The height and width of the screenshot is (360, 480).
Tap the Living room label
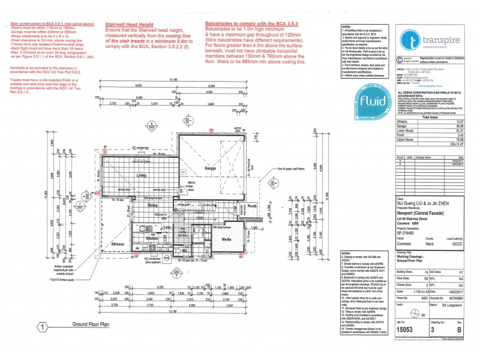142,176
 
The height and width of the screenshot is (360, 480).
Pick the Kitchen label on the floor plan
152,239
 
